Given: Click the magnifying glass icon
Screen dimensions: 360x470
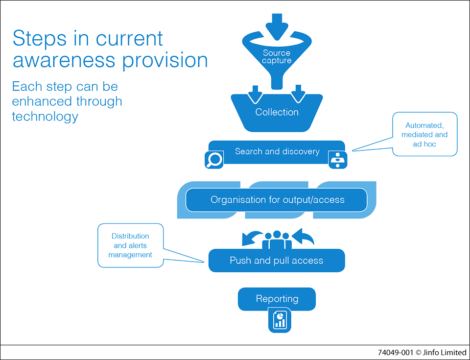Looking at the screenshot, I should click(214, 160).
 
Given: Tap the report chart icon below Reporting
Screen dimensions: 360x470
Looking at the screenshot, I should click(279, 320).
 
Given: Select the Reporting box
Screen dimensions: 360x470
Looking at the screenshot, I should click(277, 299).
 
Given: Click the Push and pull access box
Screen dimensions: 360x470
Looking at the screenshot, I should click(277, 261).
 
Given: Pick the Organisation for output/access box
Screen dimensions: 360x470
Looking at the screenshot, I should click(277, 200).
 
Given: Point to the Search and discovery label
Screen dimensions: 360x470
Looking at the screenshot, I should click(277, 151).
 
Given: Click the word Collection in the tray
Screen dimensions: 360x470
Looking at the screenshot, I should click(277, 112).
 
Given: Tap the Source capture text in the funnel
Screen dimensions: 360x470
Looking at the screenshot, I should click(277, 57).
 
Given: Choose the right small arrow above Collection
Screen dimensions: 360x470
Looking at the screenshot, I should click(298, 93).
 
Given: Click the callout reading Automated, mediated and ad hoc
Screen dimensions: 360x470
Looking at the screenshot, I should click(424, 134).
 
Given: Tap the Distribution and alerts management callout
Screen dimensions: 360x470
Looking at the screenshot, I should click(130, 245).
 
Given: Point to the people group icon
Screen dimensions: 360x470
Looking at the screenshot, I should click(277, 240).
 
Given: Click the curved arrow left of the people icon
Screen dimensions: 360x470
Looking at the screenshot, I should click(252, 238).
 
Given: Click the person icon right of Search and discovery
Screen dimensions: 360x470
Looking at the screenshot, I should click(337, 160).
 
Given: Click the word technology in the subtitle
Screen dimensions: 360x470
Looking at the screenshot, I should click(45, 117).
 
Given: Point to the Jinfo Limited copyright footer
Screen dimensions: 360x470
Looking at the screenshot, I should click(422, 352).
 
